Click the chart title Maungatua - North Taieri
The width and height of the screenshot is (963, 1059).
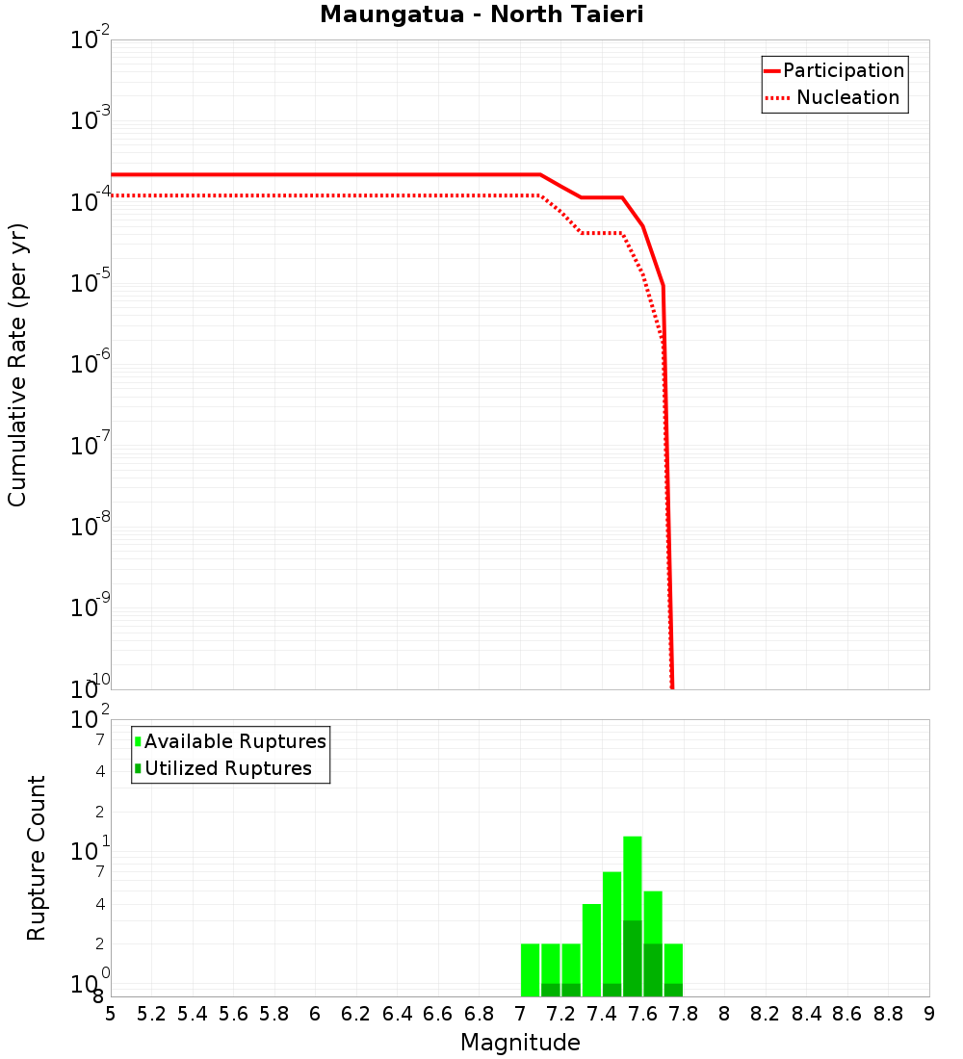click(481, 15)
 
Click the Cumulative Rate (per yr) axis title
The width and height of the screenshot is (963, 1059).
click(17, 365)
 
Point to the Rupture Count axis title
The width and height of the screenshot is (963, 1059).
click(37, 858)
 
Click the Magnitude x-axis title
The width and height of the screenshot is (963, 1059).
click(520, 1043)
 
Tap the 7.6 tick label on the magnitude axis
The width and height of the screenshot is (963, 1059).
click(643, 1014)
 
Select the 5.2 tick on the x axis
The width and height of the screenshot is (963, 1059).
click(151, 1014)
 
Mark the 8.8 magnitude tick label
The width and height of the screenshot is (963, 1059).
click(889, 1014)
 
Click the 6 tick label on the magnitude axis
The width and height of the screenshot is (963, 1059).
click(315, 1014)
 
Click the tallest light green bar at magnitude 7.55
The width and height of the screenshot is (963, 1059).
click(633, 876)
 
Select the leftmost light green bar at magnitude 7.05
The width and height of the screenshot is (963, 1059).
click(530, 969)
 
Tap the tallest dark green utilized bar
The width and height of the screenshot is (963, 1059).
click(633, 958)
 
